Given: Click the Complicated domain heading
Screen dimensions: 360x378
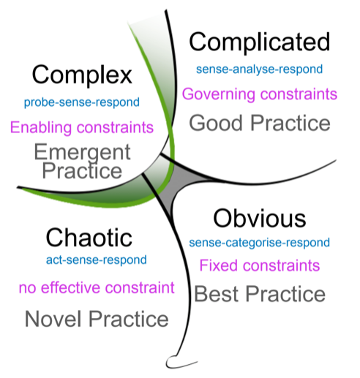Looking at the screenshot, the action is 260,42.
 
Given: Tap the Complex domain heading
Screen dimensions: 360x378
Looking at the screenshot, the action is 82,75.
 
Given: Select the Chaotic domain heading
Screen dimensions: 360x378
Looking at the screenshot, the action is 89,238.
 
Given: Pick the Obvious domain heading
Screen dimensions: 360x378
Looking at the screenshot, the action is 260,219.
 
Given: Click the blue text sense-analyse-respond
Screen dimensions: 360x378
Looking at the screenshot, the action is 260,69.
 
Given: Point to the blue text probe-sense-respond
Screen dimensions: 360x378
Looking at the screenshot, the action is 82,102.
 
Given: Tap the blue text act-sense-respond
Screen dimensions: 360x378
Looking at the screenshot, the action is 97,260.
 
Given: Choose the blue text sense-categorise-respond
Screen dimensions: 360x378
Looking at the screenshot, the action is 260,243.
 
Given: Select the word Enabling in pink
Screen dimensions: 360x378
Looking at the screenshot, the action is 41,128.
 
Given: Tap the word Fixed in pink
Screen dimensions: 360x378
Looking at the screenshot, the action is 219,265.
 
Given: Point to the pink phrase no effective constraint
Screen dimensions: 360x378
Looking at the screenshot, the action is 97,287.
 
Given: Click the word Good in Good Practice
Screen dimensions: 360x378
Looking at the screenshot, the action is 216,124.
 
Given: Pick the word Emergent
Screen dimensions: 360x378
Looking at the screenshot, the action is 83,152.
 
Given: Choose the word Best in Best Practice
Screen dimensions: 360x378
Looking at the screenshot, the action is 217,294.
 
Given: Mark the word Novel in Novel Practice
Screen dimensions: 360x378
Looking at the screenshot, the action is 53,320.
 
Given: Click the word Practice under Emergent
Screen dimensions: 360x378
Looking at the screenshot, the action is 82,171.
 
